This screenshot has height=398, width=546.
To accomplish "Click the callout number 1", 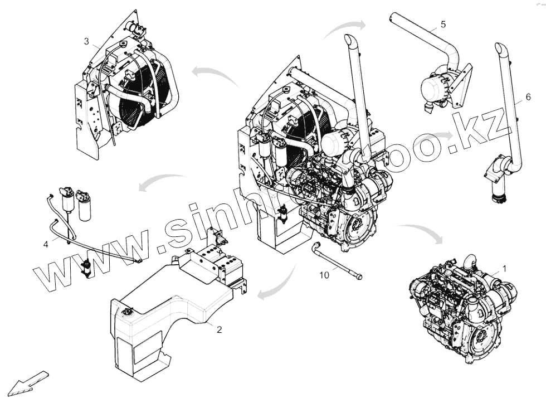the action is coord(504,268).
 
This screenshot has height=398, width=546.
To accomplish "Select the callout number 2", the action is coord(219,329).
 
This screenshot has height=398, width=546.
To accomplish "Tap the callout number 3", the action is coord(86,41).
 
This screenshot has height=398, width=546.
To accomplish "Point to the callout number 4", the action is coord(46,244).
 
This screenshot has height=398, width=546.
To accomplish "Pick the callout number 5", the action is coord(443,24).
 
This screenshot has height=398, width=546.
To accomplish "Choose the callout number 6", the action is coord(528,97).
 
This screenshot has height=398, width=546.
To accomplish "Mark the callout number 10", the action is coord(324,274).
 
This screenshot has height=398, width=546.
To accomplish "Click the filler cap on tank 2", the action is coord(129,310).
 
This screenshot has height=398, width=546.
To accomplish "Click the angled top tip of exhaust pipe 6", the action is coord(499,48).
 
